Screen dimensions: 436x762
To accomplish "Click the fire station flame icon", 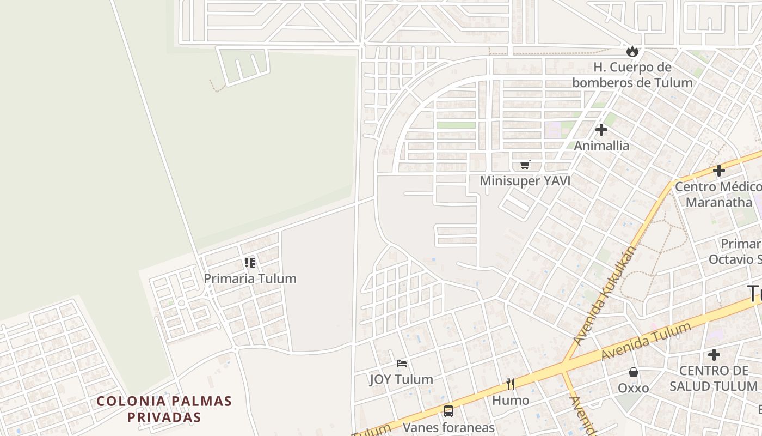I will point(632,51).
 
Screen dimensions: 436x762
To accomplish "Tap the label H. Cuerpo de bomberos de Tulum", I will point(632,75).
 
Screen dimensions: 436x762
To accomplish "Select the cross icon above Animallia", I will point(601,130).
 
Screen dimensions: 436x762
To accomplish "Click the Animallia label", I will point(601,146).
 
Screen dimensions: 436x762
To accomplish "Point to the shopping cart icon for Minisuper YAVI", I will point(525,165).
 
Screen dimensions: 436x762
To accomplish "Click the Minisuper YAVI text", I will point(525,181).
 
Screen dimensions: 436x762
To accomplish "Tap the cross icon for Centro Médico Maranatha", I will point(718,171).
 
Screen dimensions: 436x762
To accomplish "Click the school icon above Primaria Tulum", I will point(250,263).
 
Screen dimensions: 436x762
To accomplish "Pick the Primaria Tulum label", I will point(250,278).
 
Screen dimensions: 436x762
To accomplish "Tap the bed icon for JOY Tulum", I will point(402,363).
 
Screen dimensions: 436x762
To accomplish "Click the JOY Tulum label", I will point(402,379).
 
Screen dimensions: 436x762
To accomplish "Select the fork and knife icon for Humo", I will point(511,384).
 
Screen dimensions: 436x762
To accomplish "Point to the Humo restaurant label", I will point(511,401).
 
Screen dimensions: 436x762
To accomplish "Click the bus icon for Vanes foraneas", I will point(448,411).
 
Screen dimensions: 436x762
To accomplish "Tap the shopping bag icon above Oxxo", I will point(633,372).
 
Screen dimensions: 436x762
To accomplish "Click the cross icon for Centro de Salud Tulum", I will point(714,355).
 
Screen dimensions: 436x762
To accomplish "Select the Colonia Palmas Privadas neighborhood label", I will point(164,409).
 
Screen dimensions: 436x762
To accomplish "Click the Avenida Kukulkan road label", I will point(605,295).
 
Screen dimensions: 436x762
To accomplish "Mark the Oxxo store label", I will point(633,388).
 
